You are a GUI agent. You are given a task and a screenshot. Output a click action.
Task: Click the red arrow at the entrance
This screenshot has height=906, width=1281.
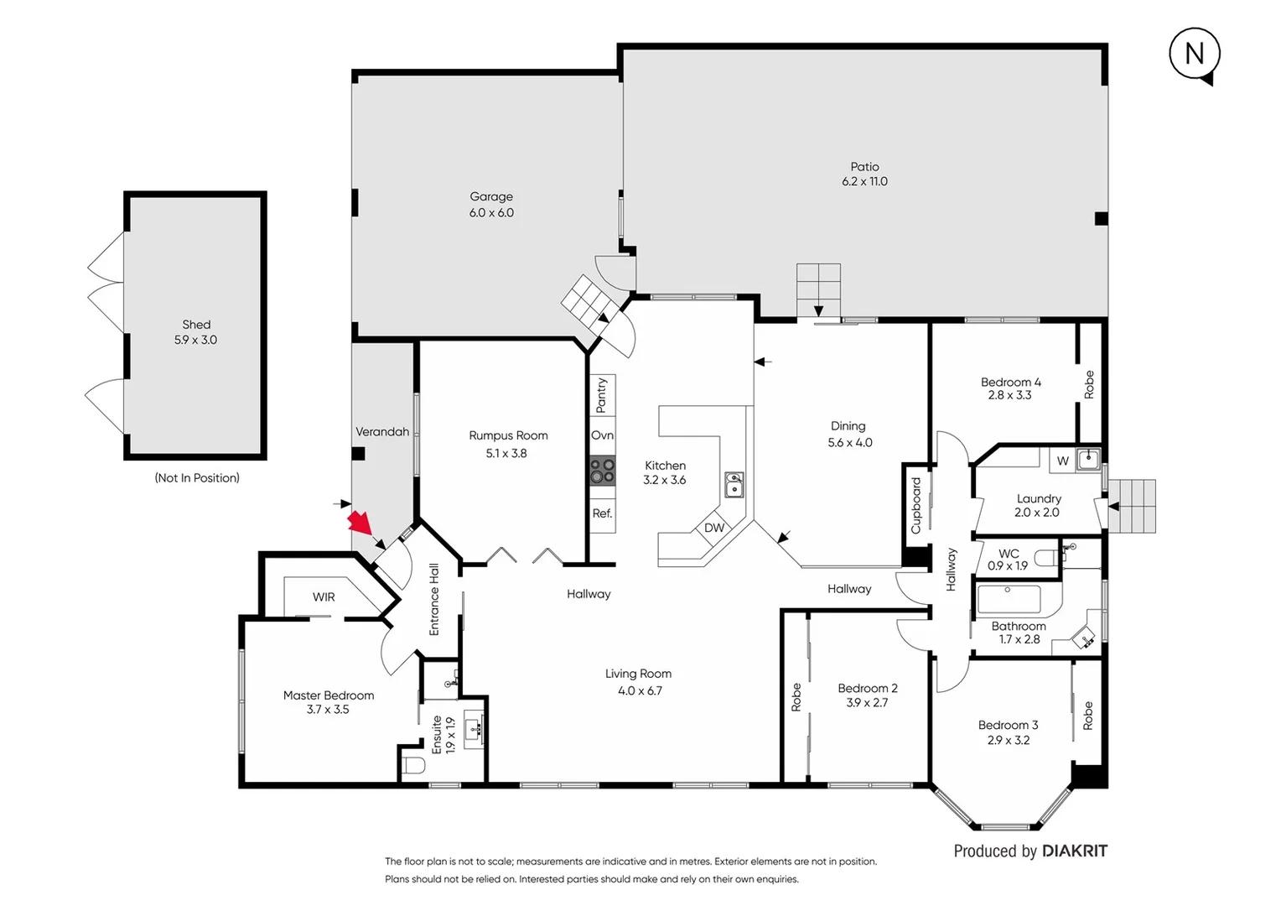tap(360, 523)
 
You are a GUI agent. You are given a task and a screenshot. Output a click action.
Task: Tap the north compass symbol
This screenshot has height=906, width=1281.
tap(1194, 55)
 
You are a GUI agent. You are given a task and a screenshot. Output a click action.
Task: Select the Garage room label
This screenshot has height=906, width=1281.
tap(491, 196)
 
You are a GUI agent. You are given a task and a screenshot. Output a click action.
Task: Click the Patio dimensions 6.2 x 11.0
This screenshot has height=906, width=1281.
tap(864, 181)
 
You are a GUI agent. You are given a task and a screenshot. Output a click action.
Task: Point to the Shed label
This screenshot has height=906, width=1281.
tap(196, 325)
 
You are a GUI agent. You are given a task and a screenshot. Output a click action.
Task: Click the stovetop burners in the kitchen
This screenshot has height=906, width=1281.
tap(602, 471)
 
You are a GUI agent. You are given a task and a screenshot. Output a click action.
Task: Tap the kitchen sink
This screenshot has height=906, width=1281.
tap(734, 485)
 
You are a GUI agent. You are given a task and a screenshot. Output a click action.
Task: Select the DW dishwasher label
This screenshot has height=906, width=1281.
tap(714, 528)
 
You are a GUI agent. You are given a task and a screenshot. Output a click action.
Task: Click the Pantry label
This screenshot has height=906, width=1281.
tap(601, 395)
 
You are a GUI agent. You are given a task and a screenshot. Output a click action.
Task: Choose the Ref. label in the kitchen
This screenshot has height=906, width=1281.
tap(602, 513)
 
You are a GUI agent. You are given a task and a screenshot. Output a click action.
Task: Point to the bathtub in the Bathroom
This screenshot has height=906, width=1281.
tap(1009, 600)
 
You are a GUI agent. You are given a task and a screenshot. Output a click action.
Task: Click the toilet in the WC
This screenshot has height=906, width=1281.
tap(1046, 558)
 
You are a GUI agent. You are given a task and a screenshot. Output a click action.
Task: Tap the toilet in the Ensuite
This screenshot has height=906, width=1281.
tap(414, 765)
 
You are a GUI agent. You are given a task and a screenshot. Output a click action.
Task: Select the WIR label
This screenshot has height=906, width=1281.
tap(324, 597)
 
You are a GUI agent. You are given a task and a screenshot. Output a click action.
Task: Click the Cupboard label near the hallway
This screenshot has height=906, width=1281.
tap(915, 506)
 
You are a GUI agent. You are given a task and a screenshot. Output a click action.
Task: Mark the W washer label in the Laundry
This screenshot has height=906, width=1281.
tap(1062, 461)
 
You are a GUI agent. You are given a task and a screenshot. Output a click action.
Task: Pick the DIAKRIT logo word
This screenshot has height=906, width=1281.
tap(1075, 851)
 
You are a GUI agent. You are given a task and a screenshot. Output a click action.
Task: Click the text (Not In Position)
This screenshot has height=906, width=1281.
tap(197, 477)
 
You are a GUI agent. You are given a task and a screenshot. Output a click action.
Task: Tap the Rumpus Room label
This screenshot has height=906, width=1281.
tap(508, 435)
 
